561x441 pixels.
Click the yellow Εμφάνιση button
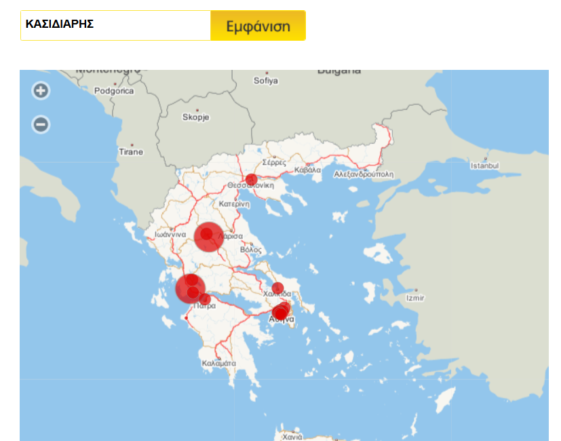[258, 26]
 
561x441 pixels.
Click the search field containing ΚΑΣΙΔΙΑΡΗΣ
[115, 25]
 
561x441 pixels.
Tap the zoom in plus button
[41, 90]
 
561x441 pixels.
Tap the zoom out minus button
[41, 124]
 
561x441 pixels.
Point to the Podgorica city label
[114, 90]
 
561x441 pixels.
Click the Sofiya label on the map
[266, 80]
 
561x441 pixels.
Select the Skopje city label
[196, 117]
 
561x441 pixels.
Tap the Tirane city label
[131, 151]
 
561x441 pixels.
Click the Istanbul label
[484, 166]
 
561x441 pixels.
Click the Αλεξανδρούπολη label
[364, 174]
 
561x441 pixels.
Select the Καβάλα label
[308, 170]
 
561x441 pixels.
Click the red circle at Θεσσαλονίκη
[251, 180]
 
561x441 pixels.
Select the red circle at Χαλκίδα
[277, 288]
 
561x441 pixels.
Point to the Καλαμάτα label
[218, 363]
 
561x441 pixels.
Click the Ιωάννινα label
[170, 234]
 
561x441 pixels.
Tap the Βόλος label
[250, 250]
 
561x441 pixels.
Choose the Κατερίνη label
[235, 204]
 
